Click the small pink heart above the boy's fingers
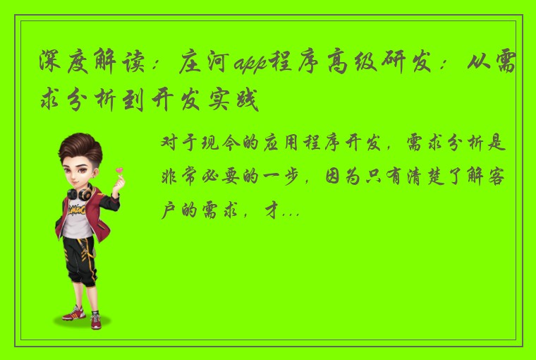coord(121,169)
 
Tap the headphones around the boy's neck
coord(78,191)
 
